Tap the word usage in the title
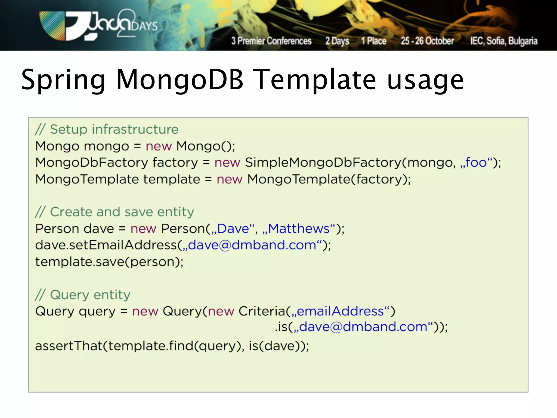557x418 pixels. click(x=425, y=80)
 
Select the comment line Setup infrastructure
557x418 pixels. click(x=107, y=129)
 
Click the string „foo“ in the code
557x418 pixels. click(x=476, y=162)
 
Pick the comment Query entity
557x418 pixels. click(x=83, y=295)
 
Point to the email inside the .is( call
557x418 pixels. click(x=363, y=327)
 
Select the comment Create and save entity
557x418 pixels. click(x=115, y=212)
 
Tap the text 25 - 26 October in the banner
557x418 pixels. click(x=427, y=41)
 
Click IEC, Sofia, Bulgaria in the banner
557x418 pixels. click(x=504, y=41)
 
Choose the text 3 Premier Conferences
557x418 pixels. click(x=271, y=41)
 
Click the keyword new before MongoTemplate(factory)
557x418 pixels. click(x=229, y=179)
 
